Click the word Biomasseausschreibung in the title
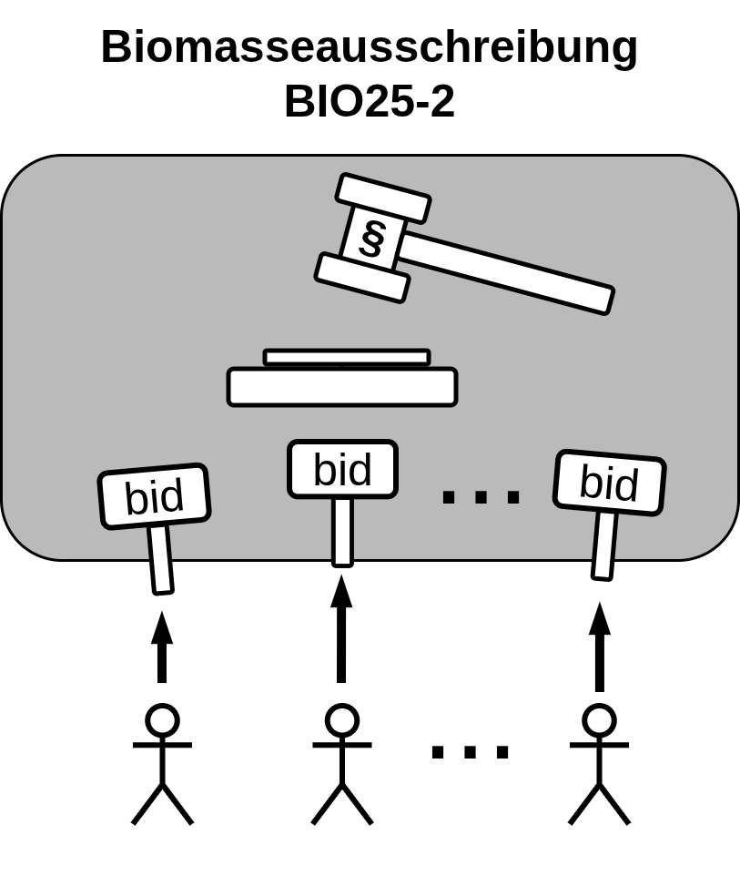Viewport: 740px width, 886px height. coord(369,47)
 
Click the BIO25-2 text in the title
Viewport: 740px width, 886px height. coord(369,102)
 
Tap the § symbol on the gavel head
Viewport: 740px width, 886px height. coord(371,239)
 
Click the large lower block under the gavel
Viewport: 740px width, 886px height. coord(341,387)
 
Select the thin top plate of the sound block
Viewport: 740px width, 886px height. coord(346,357)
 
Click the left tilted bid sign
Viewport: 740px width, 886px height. coord(154,496)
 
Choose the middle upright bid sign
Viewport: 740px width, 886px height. coord(342,470)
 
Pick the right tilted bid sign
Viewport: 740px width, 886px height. coord(609,483)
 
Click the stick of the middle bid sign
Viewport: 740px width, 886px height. coord(342,532)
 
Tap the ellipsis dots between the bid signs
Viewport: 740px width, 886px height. coord(481,497)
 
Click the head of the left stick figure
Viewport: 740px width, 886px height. coord(162,720)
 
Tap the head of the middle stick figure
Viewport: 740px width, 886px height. coord(342,720)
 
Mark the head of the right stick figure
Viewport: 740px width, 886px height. coord(599,720)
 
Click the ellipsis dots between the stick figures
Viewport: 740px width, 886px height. coord(470,752)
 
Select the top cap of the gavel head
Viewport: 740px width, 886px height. coord(382,198)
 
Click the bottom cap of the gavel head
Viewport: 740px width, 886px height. coord(361,278)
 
